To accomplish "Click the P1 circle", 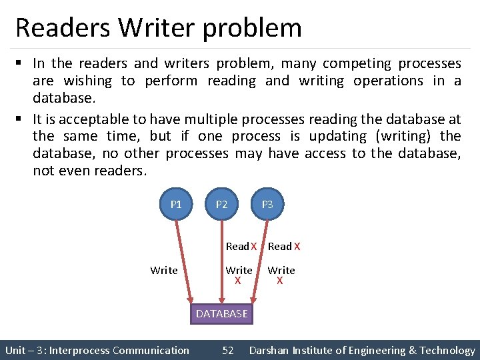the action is coord(176,204).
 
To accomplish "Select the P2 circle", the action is coord(222,204).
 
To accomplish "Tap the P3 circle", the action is coord(267,204).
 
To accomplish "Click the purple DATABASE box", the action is coord(221,313).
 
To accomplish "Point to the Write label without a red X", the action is coord(164,270).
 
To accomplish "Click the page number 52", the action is coord(228,350).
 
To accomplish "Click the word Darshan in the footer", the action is coord(271,350).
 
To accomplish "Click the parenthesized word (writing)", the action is coord(405,137).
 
